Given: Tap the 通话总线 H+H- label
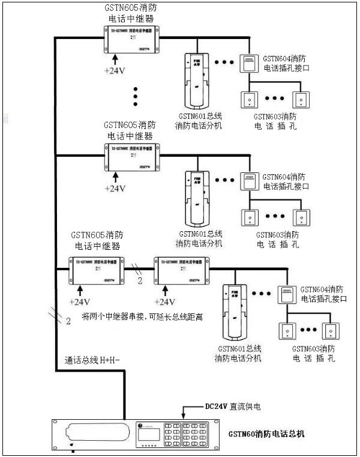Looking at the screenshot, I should pyautogui.click(x=92, y=360).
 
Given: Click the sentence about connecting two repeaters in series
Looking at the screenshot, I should pyautogui.click(x=142, y=315).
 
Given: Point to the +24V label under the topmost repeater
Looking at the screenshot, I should pyautogui.click(x=115, y=71).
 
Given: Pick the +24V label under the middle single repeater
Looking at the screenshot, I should pyautogui.click(x=115, y=189).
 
